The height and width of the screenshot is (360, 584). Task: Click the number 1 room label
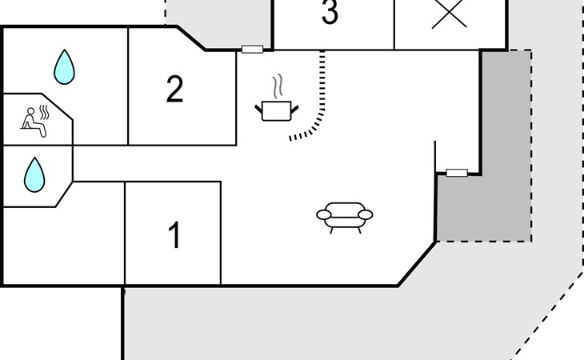tap(174, 236)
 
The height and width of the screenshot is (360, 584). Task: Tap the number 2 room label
tap(174, 90)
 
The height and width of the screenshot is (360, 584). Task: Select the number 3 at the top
tap(329, 14)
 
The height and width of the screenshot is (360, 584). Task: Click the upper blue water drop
tap(63, 67)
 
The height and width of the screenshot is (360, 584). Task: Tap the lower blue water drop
tap(34, 174)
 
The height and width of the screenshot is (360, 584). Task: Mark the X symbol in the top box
tap(449, 14)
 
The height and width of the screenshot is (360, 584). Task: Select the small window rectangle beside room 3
tap(252, 50)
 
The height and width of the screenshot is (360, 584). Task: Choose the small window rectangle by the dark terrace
tap(457, 172)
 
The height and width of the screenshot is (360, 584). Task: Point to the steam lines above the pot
tap(278, 86)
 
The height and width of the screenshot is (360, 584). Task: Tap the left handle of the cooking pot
tap(259, 106)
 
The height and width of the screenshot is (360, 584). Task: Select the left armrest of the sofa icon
tap(323, 214)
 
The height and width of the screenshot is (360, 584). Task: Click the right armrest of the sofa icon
tap(366, 214)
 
